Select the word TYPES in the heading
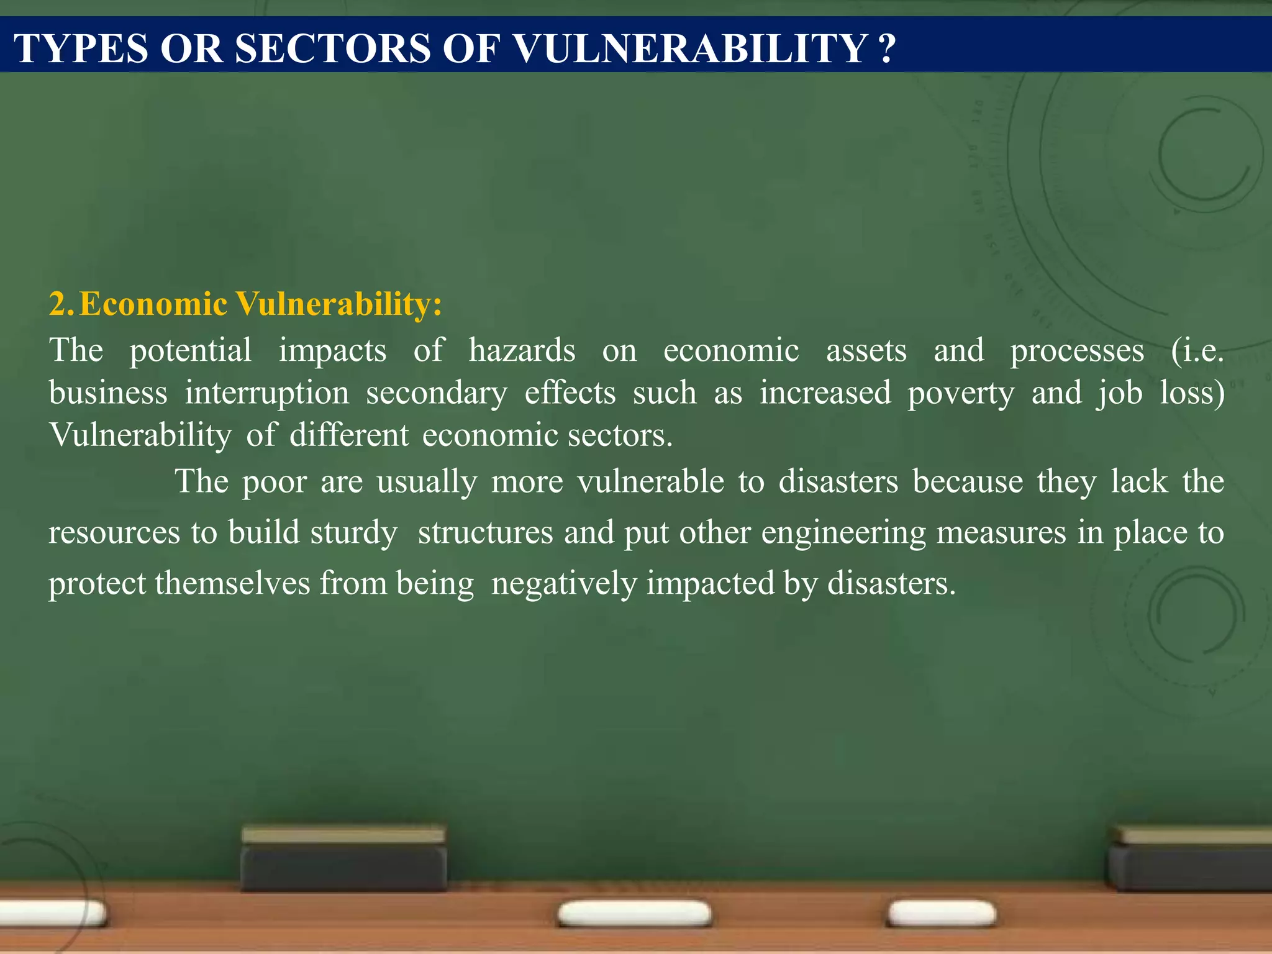pyautogui.click(x=81, y=48)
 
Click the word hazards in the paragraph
pyautogui.click(x=522, y=350)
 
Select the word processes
pyautogui.click(x=1076, y=352)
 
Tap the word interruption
pyautogui.click(x=267, y=393)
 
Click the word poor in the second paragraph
pyautogui.click(x=274, y=482)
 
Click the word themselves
pyautogui.click(x=232, y=584)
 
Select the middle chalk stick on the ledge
pyautogui.click(x=634, y=914)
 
